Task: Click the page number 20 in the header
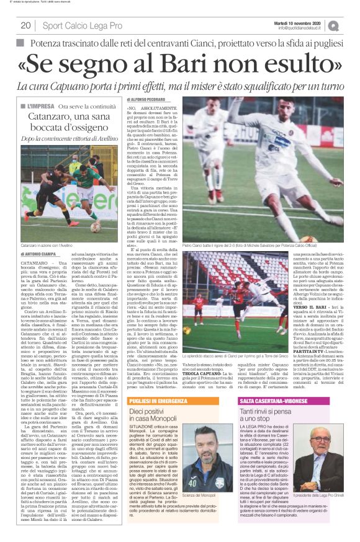tap(26, 25)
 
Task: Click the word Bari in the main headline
tap(210, 62)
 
